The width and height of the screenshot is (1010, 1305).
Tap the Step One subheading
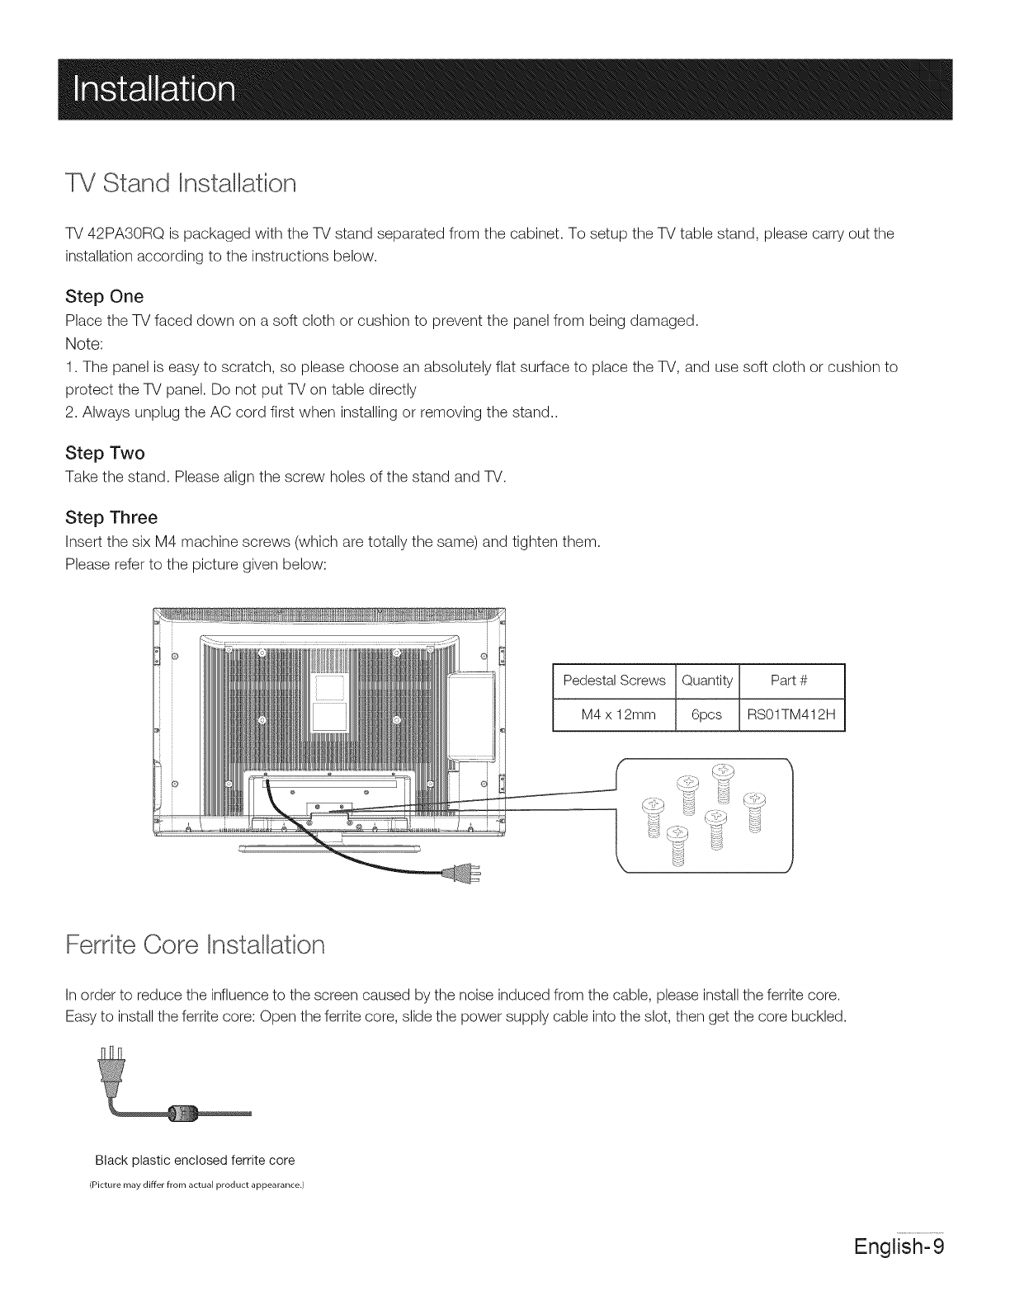[x=104, y=296]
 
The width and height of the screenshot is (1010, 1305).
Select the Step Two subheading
[x=105, y=453]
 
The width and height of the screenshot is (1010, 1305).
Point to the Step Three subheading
[x=111, y=518]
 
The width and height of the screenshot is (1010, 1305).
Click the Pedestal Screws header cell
[x=613, y=681]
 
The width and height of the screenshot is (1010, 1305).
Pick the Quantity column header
[x=707, y=681]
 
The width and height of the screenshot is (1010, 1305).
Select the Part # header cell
[x=792, y=681]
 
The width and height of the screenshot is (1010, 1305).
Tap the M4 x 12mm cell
[x=613, y=715]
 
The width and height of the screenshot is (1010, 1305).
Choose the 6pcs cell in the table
[x=707, y=715]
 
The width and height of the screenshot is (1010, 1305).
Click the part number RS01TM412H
[x=792, y=715]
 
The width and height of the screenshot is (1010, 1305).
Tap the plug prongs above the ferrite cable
[x=111, y=1057]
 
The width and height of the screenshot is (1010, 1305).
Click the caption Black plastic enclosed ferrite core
[x=195, y=1161]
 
